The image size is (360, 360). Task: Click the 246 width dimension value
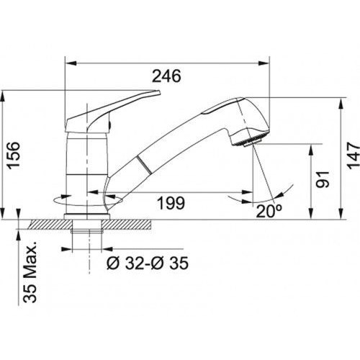[167, 76]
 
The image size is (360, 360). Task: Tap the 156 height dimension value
[13, 156]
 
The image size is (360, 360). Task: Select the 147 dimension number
[354, 156]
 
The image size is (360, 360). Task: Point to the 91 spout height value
[322, 179]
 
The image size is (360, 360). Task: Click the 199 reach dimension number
[171, 203]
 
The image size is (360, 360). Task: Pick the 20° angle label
[269, 211]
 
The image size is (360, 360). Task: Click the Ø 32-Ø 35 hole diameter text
[148, 263]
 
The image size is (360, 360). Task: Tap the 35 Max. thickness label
[30, 272]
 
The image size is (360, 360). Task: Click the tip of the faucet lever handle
[158, 92]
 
